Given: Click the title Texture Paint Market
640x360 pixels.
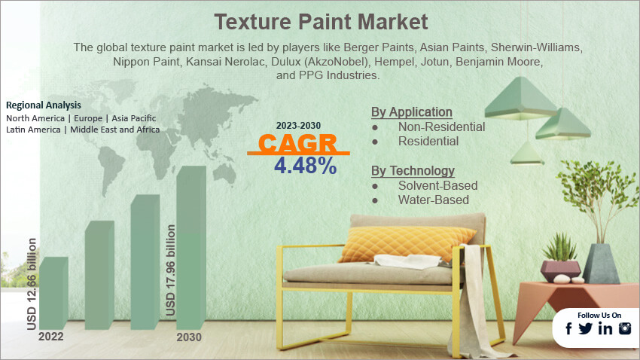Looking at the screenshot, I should click(320, 20).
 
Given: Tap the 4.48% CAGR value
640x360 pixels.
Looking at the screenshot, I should click(305, 166).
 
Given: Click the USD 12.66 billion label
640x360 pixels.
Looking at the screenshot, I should click(32, 283).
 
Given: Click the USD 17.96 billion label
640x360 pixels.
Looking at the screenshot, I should click(171, 270).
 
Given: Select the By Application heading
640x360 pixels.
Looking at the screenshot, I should click(412, 112).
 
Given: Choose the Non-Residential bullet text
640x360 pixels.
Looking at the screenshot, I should click(441, 127).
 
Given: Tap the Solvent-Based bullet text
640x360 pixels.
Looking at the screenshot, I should click(437, 185).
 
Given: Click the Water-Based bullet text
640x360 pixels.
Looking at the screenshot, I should click(433, 200).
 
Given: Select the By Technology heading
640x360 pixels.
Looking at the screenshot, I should click(413, 171).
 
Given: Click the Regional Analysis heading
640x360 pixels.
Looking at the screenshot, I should click(44, 105).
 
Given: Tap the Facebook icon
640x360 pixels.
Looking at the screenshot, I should click(568, 328).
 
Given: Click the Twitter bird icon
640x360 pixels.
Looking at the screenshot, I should click(586, 328).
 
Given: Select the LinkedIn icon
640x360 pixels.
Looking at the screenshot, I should click(605, 328).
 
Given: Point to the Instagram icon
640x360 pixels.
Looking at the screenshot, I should click(625, 328).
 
